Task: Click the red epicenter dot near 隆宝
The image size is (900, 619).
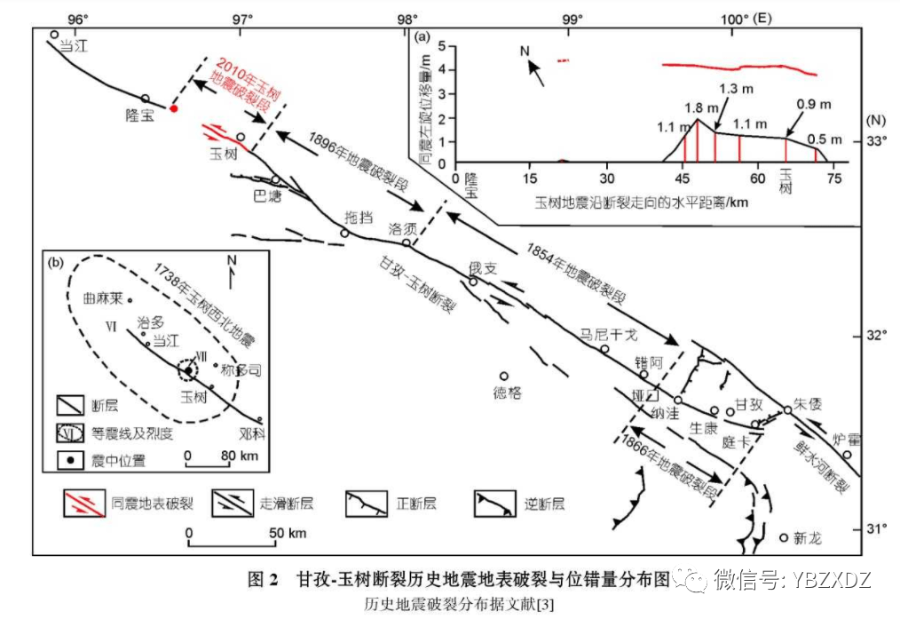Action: click(175, 108)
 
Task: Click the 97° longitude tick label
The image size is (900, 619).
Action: click(242, 19)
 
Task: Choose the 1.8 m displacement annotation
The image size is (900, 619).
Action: click(696, 107)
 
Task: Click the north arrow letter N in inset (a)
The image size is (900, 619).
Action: click(525, 53)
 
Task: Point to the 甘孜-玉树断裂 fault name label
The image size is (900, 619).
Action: click(418, 283)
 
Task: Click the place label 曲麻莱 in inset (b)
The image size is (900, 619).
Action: click(100, 299)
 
